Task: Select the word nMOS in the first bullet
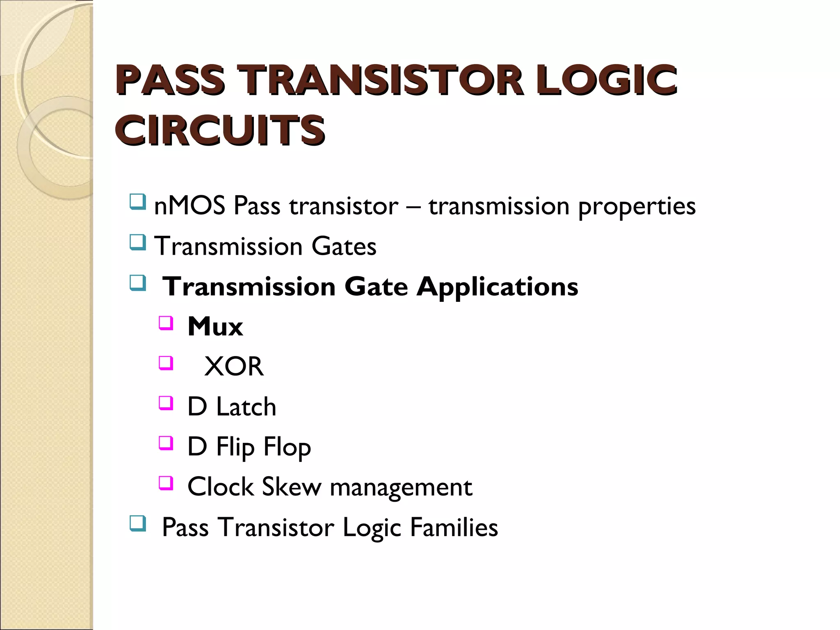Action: (x=189, y=205)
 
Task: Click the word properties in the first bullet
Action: (x=637, y=206)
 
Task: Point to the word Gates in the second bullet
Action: (x=344, y=246)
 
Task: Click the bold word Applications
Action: (x=497, y=286)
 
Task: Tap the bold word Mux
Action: (x=215, y=326)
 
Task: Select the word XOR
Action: (x=234, y=366)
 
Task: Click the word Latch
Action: (x=246, y=406)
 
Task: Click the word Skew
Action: (x=292, y=487)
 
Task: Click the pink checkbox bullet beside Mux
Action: (x=166, y=323)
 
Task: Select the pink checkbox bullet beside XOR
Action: (x=166, y=363)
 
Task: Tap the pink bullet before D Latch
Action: (x=166, y=403)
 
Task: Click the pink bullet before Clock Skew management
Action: (x=166, y=483)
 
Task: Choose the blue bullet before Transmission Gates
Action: (x=137, y=242)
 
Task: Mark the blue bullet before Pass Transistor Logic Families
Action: (x=137, y=523)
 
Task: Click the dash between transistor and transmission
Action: (x=413, y=206)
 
